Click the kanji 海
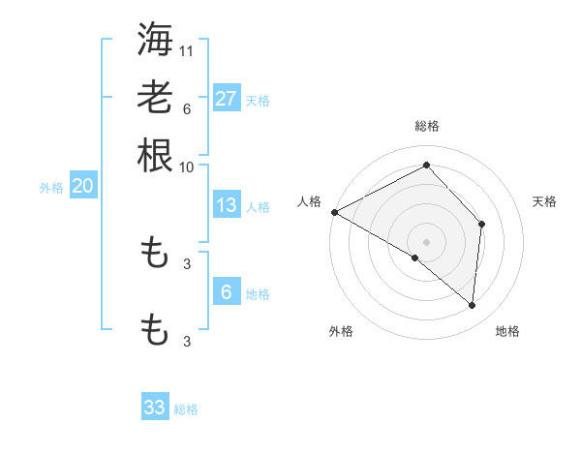point(155,39)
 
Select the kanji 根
point(155,155)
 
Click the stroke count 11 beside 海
point(188,50)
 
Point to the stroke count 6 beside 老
point(187,109)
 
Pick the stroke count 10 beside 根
point(187,167)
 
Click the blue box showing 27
point(226,99)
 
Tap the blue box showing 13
point(226,205)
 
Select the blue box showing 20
point(82,187)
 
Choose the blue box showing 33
point(155,408)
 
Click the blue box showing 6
point(226,292)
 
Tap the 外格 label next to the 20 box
point(51,188)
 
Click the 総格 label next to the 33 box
point(186,409)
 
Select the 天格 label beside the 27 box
point(258,100)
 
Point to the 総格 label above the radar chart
point(427,126)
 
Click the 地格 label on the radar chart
point(507,331)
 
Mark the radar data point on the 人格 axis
point(334,211)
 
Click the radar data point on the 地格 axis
point(473,306)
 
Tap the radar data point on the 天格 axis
point(481,224)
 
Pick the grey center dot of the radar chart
point(427,241)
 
